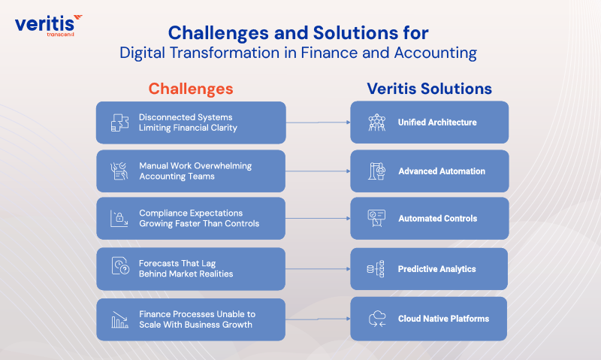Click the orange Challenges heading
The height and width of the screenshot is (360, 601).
point(191,88)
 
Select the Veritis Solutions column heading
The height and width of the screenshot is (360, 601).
point(429,89)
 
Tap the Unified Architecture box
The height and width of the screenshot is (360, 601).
point(429,123)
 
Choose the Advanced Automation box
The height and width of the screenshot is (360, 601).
point(429,171)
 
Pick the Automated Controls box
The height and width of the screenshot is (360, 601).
point(429,219)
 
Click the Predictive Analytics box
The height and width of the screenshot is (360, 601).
point(429,269)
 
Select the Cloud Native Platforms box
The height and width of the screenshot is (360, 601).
point(429,319)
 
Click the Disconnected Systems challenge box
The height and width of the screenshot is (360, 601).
point(191,123)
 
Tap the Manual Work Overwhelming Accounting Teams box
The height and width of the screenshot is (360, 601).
point(191,171)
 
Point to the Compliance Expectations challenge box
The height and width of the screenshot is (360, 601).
point(191,218)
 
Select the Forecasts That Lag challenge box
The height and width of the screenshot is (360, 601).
point(191,268)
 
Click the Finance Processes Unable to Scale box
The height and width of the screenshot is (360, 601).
point(191,319)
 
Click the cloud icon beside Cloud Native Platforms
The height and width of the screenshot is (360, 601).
point(376,319)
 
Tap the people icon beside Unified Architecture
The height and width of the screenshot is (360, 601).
point(376,123)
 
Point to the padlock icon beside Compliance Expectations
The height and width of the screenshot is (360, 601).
point(119,219)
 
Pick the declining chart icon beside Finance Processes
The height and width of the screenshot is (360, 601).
point(119,319)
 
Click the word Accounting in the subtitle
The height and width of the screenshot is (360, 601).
point(439,53)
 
